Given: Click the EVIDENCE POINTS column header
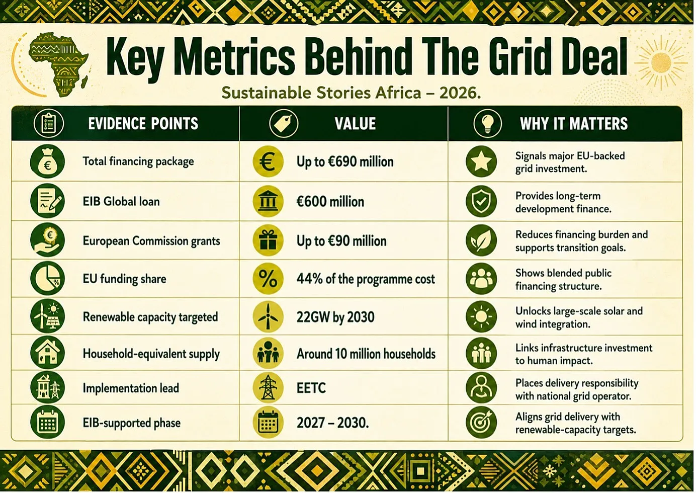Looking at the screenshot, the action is point(143,123).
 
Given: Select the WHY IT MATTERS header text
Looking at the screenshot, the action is point(574,123).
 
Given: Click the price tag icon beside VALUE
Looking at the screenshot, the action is point(283,123).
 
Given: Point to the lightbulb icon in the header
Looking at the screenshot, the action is point(487,123).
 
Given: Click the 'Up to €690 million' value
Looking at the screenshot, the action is point(345,161).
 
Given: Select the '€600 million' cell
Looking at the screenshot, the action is point(330,201).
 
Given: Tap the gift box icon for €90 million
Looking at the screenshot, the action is point(268,240).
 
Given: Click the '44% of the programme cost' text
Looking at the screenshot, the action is point(366,279).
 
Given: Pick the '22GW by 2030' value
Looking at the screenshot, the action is point(335,317).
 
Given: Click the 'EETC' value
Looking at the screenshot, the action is point(311,388).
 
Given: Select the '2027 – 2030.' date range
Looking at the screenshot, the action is point(332,423).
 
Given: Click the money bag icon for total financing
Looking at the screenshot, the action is point(47,161).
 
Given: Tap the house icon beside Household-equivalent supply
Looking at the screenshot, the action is point(47,353).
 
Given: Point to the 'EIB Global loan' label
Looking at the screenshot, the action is point(121,201).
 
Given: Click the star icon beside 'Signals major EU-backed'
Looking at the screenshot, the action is point(481,161).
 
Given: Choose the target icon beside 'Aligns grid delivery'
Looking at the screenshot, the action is point(481,422).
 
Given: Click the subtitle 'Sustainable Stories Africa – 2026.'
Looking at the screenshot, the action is point(352,93).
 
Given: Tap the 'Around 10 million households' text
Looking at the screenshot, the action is point(366,354).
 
